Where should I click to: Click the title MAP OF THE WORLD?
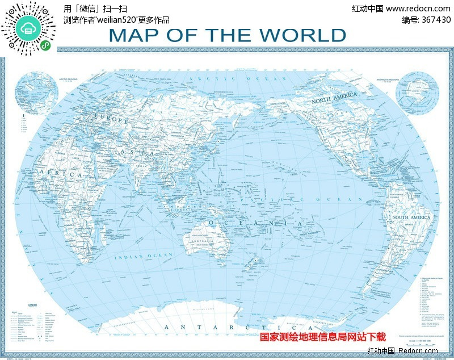click(x=227, y=35)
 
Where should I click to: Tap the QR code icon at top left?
click(x=28, y=28)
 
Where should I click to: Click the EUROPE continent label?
click(x=113, y=120)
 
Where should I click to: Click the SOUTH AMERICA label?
click(x=412, y=217)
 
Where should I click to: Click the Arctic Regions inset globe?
click(x=37, y=91)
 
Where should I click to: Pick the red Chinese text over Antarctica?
click(x=322, y=337)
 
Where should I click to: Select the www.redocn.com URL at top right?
click(x=418, y=9)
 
